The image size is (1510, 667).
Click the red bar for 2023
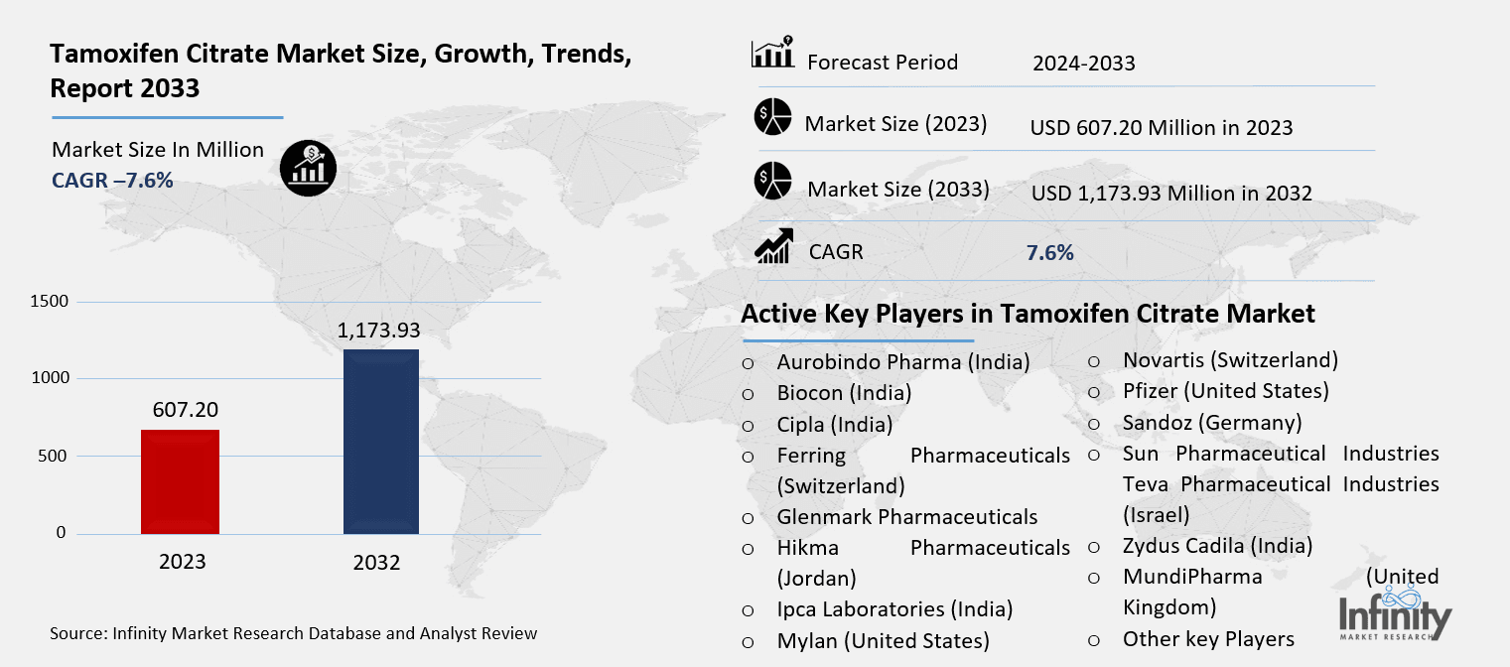click(x=180, y=481)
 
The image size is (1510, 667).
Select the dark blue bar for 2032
click(x=380, y=442)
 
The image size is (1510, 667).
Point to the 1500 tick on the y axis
click(x=49, y=302)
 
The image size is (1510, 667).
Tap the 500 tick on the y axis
click(x=55, y=457)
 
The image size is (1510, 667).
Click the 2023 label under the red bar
click(x=182, y=562)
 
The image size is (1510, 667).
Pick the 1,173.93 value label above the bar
click(x=379, y=330)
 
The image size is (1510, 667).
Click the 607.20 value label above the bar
click(x=185, y=409)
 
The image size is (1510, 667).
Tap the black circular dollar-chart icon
click(x=309, y=168)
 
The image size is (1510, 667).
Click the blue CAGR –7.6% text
click(x=112, y=180)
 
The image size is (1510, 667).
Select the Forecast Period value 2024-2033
click(x=1083, y=64)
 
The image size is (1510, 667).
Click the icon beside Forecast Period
click(x=772, y=54)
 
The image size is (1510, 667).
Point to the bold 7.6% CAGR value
click(x=1049, y=252)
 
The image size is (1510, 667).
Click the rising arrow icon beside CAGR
click(x=773, y=246)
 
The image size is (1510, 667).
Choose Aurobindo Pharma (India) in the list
click(x=902, y=361)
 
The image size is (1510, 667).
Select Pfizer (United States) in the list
click(x=1225, y=391)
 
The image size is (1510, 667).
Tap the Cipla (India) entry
click(x=834, y=425)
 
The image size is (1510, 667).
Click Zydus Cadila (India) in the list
click(x=1217, y=546)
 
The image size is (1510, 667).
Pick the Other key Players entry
click(x=1208, y=639)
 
